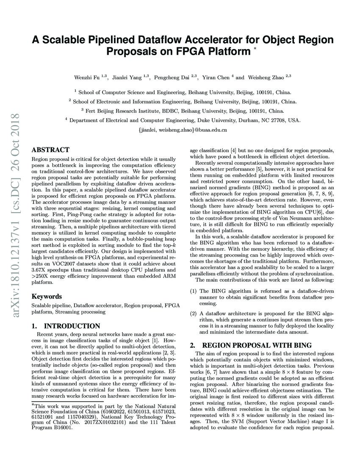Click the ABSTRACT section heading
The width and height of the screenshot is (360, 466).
pos(50,150)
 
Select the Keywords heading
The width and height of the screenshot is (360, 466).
pos(47,297)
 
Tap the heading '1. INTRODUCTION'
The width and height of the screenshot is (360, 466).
pos(66,326)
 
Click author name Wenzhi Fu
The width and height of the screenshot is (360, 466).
pos(87,78)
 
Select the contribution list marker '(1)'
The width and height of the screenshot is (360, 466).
pos(193,291)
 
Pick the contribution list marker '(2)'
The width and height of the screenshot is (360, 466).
pos(193,313)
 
